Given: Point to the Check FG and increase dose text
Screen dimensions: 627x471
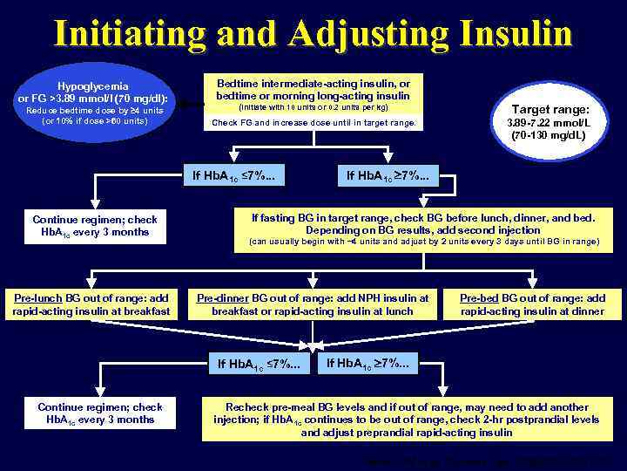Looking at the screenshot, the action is click(313, 123).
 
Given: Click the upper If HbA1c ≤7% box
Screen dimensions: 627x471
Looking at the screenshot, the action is click(236, 178).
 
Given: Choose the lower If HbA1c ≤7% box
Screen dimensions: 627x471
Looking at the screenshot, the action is click(262, 363).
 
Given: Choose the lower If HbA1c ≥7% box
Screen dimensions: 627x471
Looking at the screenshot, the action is click(371, 361).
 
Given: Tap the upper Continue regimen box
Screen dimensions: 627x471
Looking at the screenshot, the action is click(94, 225).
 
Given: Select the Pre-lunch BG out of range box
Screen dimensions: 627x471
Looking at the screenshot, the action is click(91, 304).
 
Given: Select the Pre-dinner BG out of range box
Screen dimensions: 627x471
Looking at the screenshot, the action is click(313, 304).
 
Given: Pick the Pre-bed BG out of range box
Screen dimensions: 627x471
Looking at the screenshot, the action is click(532, 304).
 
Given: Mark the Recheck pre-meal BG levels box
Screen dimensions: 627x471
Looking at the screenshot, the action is click(406, 419).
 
